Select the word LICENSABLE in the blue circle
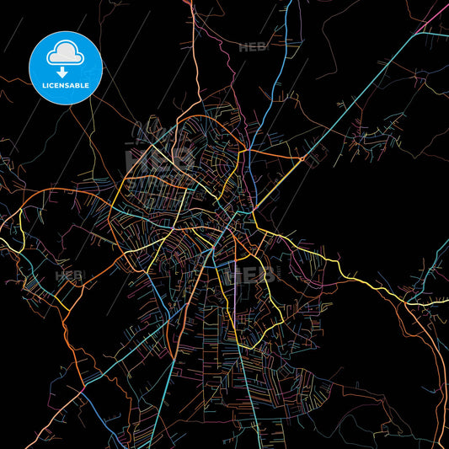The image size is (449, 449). [x=66, y=85]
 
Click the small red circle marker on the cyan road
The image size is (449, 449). [x=301, y=158]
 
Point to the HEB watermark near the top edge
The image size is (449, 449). [x=253, y=48]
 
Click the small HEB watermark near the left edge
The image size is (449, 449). [x=69, y=275]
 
